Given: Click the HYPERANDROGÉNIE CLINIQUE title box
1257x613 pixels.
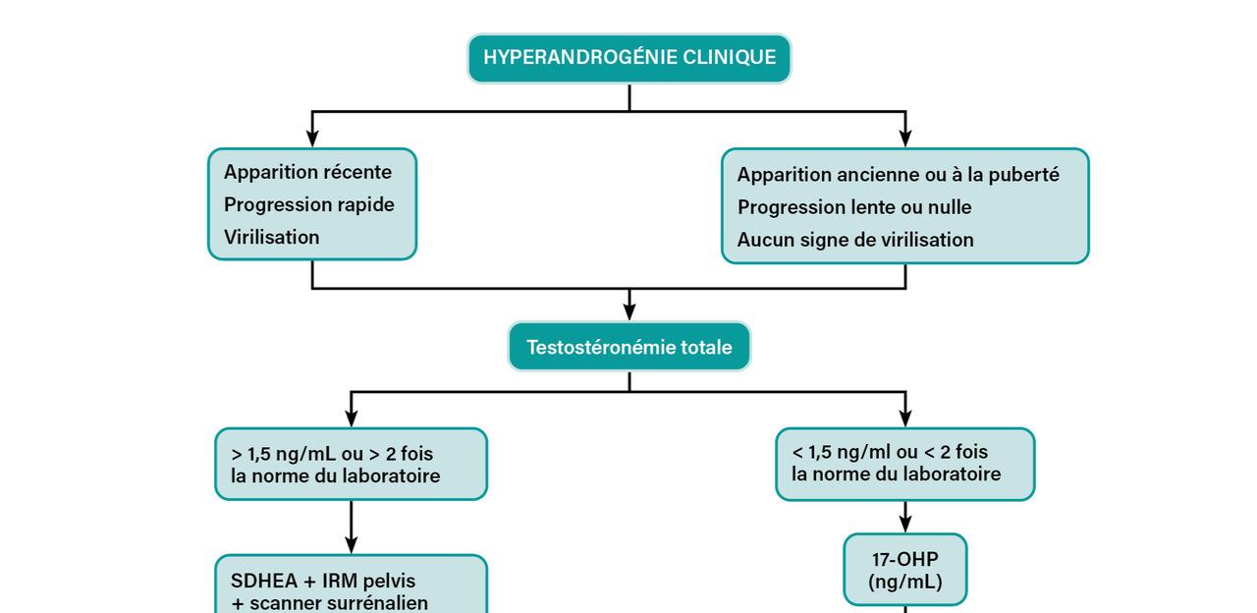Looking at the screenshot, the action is [629, 58].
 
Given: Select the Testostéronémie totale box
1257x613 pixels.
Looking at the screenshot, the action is [629, 347].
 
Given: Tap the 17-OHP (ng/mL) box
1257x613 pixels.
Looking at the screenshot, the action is [904, 570].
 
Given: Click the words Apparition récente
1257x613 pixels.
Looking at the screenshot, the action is [307, 172].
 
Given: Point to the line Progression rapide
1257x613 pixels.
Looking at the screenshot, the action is [308, 204].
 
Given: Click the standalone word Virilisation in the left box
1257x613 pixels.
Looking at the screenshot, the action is [272, 237].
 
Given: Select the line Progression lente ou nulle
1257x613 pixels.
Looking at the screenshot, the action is [854, 207].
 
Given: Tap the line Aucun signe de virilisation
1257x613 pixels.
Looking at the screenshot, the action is [855, 240].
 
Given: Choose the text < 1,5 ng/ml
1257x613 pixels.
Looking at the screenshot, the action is [851, 451].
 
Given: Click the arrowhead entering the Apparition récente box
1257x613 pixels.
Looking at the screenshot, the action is [312, 139].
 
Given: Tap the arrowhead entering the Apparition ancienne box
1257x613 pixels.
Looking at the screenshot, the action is [905, 139].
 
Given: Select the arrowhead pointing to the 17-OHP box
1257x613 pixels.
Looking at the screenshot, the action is [905, 525].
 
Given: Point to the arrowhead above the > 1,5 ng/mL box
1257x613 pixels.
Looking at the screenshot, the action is [352, 418].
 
